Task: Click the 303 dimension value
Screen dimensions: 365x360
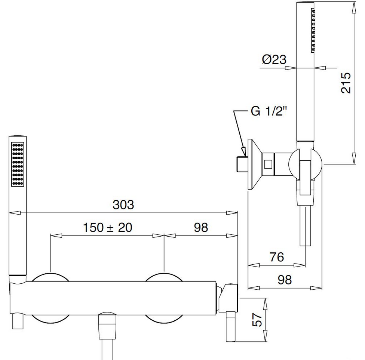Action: click(123, 204)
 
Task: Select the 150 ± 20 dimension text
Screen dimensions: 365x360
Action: click(108, 227)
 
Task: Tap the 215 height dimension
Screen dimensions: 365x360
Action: click(346, 83)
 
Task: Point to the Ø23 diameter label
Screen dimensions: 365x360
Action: click(274, 59)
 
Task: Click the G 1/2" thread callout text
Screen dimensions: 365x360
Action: click(269, 111)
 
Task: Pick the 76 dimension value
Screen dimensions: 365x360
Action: click(277, 257)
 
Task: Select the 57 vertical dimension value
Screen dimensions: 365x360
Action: click(257, 320)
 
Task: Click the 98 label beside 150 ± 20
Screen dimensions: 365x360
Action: click(201, 227)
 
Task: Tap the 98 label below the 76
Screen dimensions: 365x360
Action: click(285, 280)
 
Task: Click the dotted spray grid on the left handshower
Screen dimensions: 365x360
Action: click(18, 164)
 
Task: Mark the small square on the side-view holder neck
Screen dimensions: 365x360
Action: click(268, 164)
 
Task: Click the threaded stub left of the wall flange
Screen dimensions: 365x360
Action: click(242, 164)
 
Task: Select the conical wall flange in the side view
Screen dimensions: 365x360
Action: click(255, 164)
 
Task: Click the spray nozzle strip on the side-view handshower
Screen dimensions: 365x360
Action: click(313, 30)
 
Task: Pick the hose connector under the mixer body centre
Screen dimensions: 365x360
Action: click(107, 326)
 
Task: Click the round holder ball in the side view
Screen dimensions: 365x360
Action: click(305, 164)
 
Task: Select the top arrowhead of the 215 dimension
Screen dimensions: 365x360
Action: click(354, 7)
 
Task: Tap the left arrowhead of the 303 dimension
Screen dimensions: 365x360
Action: click(15, 213)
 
